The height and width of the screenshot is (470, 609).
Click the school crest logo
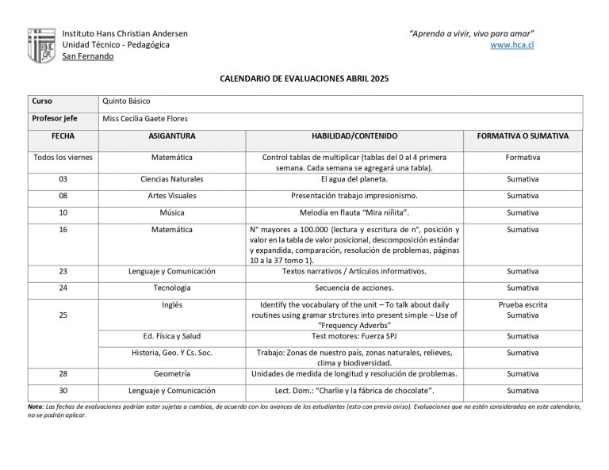(41, 45)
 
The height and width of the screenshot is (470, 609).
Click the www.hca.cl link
(512, 45)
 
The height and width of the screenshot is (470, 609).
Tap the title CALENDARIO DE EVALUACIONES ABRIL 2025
(304, 80)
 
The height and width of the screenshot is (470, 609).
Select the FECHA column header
(63, 136)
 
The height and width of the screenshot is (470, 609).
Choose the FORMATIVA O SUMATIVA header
(523, 136)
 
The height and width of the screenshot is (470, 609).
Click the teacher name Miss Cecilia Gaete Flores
(145, 119)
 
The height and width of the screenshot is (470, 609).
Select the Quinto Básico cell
(126, 101)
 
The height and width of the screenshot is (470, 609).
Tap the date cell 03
(63, 179)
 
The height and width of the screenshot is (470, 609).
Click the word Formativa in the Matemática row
(523, 157)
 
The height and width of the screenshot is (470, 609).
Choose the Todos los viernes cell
(63, 157)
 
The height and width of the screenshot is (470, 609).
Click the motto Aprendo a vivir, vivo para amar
(471, 33)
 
